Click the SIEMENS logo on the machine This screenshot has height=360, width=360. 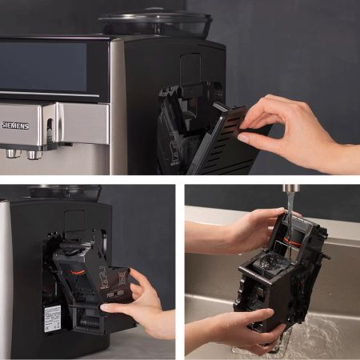[x=15, y=126]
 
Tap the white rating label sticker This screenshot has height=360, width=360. [x=52, y=318]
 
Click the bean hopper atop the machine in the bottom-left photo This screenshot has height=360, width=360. [x=65, y=193]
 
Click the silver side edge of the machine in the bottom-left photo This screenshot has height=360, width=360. [x=6, y=280]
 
